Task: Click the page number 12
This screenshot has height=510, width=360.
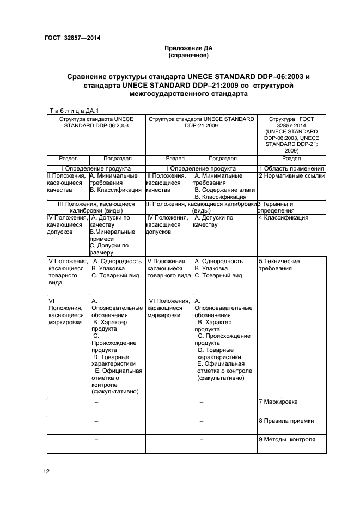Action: (46, 471)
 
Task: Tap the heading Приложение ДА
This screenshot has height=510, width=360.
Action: (188, 48)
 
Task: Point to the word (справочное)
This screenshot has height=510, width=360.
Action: (188, 56)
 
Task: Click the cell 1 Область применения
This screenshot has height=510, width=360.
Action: (291, 169)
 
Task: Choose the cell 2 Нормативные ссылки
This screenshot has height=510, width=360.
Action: (291, 177)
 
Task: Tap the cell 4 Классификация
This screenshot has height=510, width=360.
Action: (283, 218)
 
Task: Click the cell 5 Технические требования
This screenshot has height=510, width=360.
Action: (279, 265)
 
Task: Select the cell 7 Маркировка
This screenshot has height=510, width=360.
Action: (278, 402)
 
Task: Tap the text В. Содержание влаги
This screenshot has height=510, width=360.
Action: (221, 190)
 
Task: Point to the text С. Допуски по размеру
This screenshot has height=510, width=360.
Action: (109, 249)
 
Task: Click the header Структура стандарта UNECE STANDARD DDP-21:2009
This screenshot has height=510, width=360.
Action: (201, 122)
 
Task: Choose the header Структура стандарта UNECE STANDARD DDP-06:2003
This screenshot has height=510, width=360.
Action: (96, 122)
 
